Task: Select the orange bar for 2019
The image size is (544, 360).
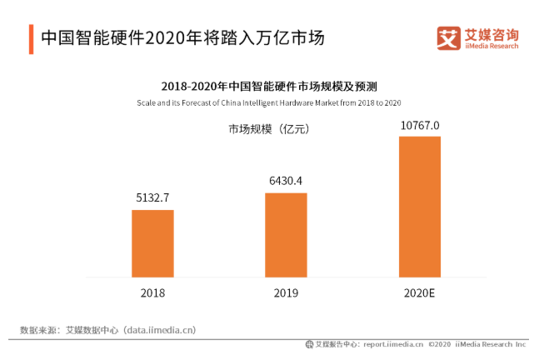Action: pyautogui.click(x=286, y=234)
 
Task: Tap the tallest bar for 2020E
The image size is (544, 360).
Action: pyautogui.click(x=419, y=206)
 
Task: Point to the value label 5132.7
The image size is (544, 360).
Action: pyautogui.click(x=152, y=198)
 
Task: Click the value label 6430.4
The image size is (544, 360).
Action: pyautogui.click(x=286, y=181)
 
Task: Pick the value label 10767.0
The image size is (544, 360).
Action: pyautogui.click(x=419, y=125)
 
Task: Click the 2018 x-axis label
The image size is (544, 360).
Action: pyautogui.click(x=152, y=293)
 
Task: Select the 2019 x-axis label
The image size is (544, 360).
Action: pyautogui.click(x=286, y=293)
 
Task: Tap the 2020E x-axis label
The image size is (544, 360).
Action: pyautogui.click(x=419, y=293)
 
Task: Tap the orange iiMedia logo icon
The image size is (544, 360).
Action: pyautogui.click(x=449, y=38)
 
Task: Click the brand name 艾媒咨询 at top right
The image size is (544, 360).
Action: pyautogui.click(x=492, y=34)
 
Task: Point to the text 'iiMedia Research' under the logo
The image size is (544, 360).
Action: pyautogui.click(x=492, y=47)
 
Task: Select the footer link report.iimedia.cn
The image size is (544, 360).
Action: pyautogui.click(x=392, y=344)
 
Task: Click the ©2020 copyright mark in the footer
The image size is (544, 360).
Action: pyautogui.click(x=443, y=344)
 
